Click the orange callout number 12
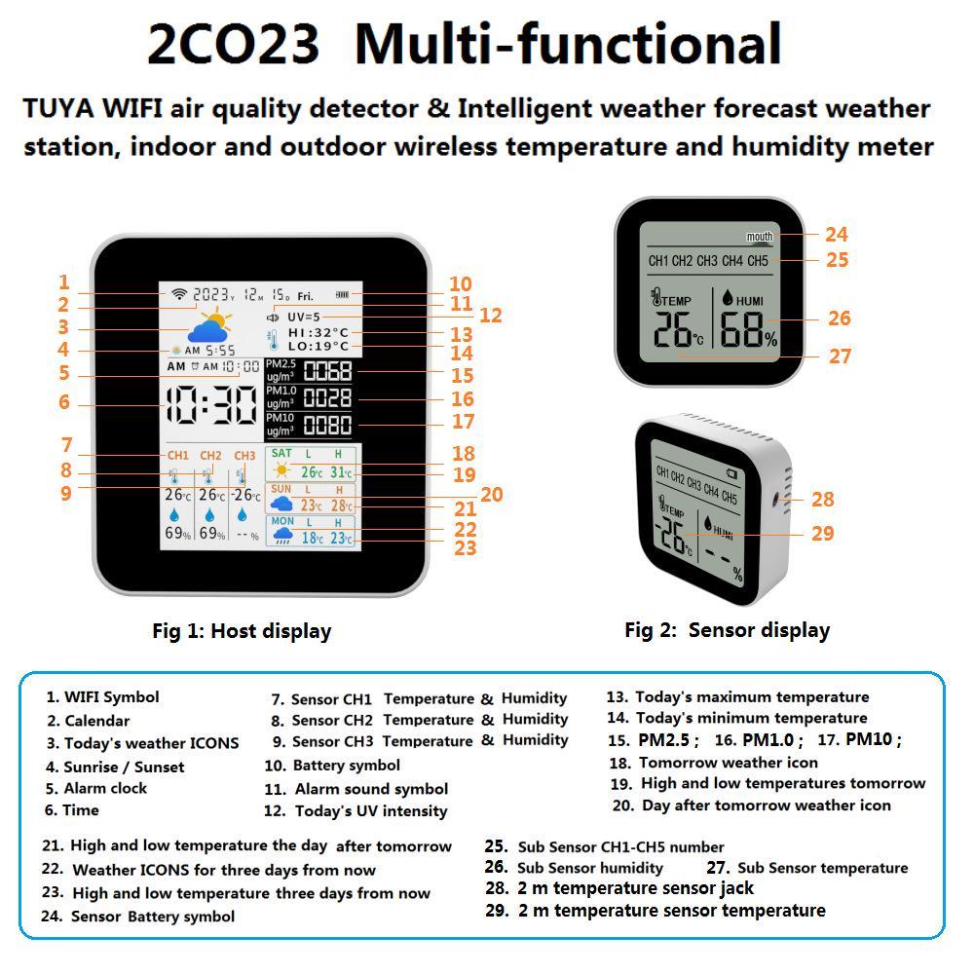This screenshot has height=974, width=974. (490, 316)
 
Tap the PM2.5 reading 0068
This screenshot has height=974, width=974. (327, 371)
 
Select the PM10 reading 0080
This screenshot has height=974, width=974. (327, 426)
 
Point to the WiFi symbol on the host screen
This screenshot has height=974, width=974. (178, 294)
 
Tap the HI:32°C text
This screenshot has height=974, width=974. (318, 333)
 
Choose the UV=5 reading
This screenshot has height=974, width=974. (303, 317)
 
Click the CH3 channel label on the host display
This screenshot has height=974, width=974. (244, 456)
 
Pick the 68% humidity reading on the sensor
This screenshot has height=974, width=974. (749, 333)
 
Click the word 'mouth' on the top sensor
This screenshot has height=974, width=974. (759, 237)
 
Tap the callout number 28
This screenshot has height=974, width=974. (823, 500)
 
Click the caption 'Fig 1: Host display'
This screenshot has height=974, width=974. (242, 631)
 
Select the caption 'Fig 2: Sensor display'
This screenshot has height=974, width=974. (727, 630)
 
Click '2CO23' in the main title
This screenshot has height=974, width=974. (233, 44)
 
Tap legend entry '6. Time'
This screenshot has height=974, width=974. (72, 809)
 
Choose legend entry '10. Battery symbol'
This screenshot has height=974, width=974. (332, 766)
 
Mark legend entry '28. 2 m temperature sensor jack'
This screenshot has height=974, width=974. (619, 888)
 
